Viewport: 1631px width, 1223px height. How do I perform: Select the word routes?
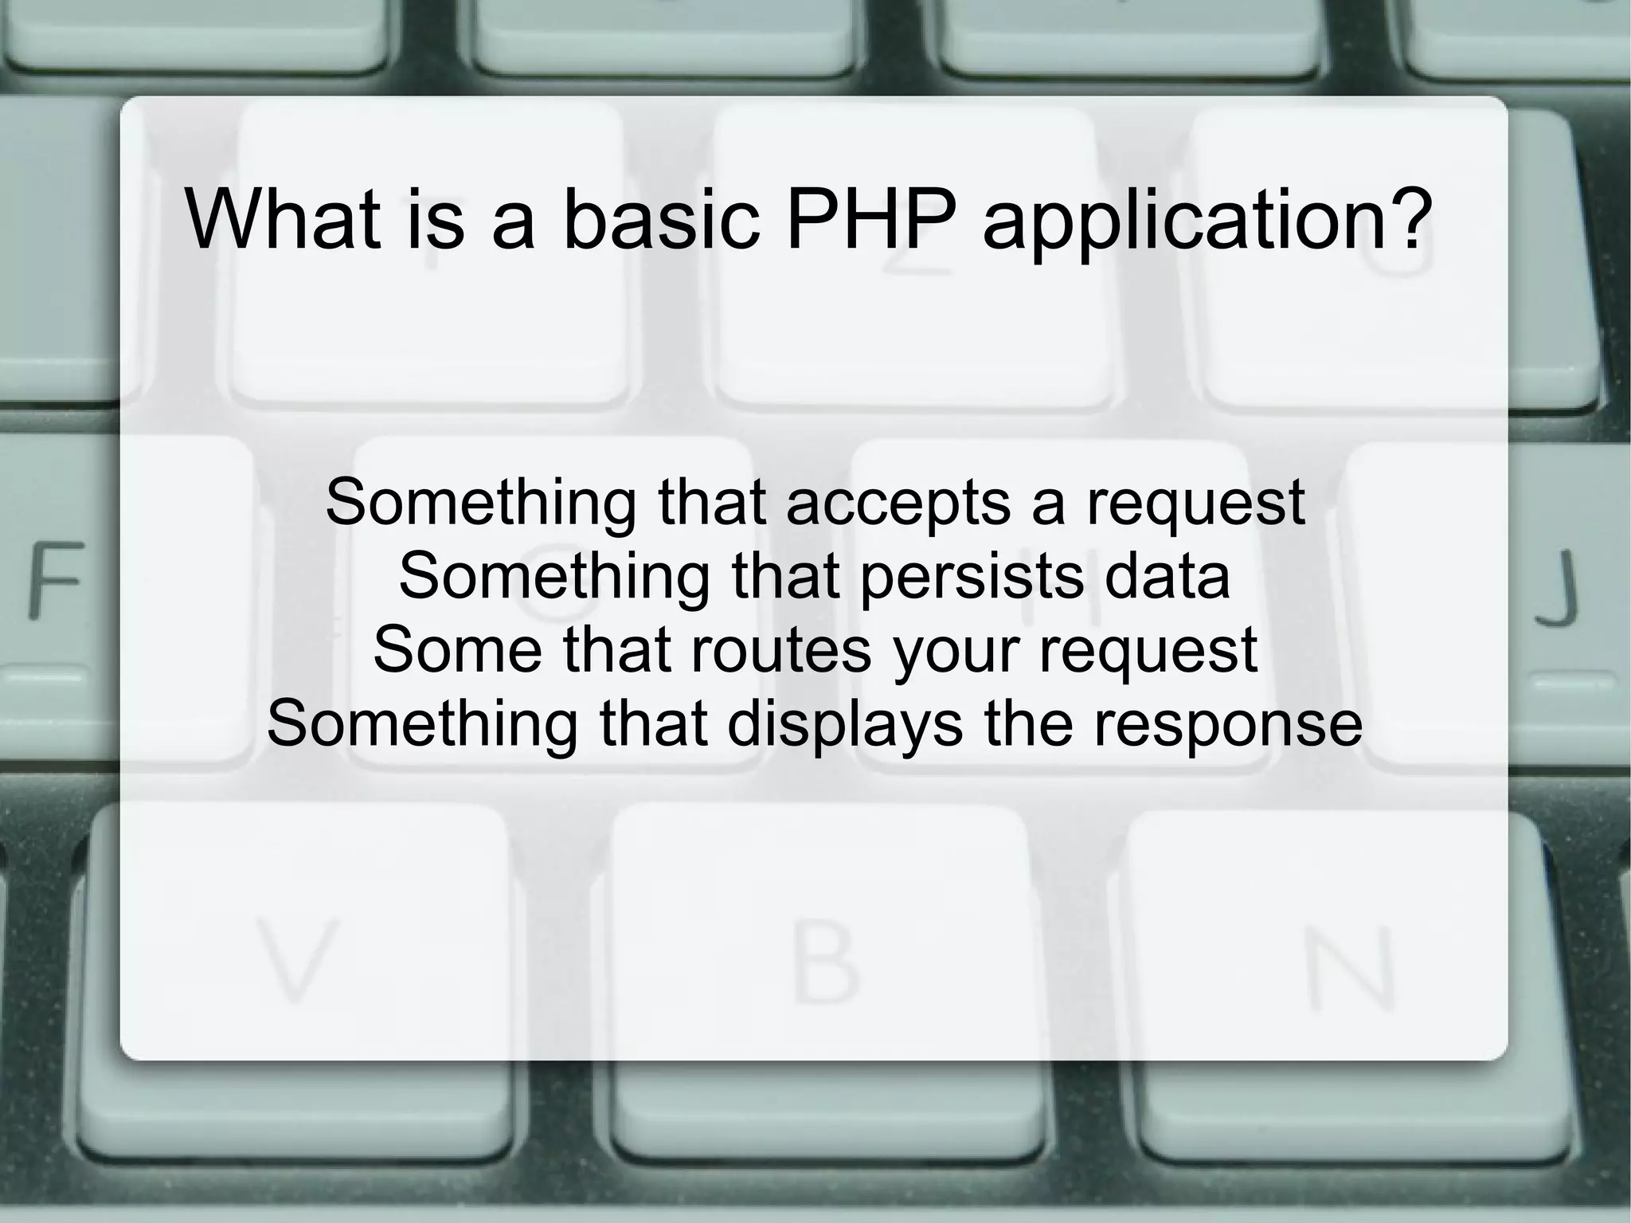coord(781,649)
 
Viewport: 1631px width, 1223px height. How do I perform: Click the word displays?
coord(845,724)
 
